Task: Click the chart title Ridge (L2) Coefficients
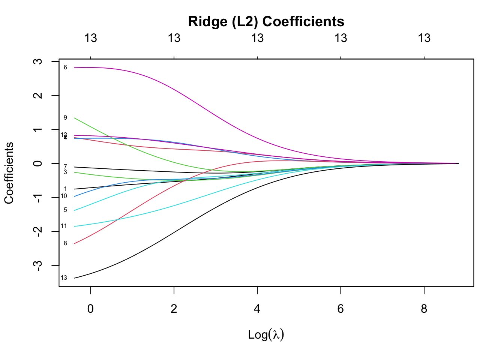[266, 22]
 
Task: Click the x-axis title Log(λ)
[266, 334]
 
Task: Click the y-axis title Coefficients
[9, 173]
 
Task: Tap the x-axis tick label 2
[174, 309]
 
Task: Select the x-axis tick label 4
[257, 309]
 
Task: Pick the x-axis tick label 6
[340, 309]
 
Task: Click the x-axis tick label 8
[424, 309]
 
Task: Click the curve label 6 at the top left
[65, 67]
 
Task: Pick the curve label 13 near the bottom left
[64, 278]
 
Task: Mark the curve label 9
[65, 118]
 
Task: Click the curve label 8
[65, 243]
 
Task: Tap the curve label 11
[64, 226]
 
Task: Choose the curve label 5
[65, 210]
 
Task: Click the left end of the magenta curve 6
[75, 67]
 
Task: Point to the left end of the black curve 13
[75, 278]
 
